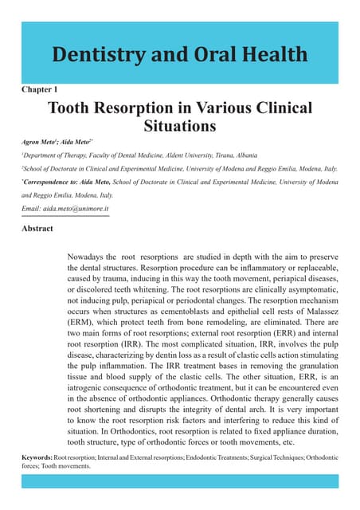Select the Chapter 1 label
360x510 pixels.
(x=39, y=90)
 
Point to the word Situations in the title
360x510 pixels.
(x=179, y=126)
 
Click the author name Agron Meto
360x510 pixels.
(x=43, y=143)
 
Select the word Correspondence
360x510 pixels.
(x=49, y=183)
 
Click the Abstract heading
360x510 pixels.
(x=37, y=229)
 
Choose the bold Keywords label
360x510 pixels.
(x=37, y=458)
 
